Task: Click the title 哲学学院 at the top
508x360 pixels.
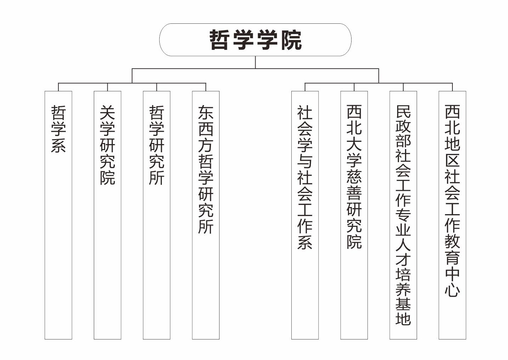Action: point(255,40)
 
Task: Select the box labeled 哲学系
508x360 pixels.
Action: point(58,215)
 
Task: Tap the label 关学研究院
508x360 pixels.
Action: point(107,145)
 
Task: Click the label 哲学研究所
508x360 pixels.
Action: point(156,145)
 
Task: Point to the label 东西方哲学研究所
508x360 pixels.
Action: point(206,169)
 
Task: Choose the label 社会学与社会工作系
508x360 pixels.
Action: point(305,177)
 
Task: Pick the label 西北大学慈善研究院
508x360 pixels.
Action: point(354,177)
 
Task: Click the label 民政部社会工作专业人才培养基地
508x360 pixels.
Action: point(403,215)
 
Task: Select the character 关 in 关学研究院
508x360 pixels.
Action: point(107,113)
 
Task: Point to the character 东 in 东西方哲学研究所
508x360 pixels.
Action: point(206,113)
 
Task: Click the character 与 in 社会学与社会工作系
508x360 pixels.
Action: point(305,161)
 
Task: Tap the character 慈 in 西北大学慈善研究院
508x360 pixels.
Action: point(354,177)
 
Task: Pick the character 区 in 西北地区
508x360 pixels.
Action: point(452,160)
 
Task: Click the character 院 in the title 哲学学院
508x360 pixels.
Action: point(291,40)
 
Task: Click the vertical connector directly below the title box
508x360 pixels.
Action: point(255,62)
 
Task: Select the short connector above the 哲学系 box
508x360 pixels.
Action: point(58,87)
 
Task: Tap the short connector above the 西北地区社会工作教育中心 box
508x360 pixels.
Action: point(452,87)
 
